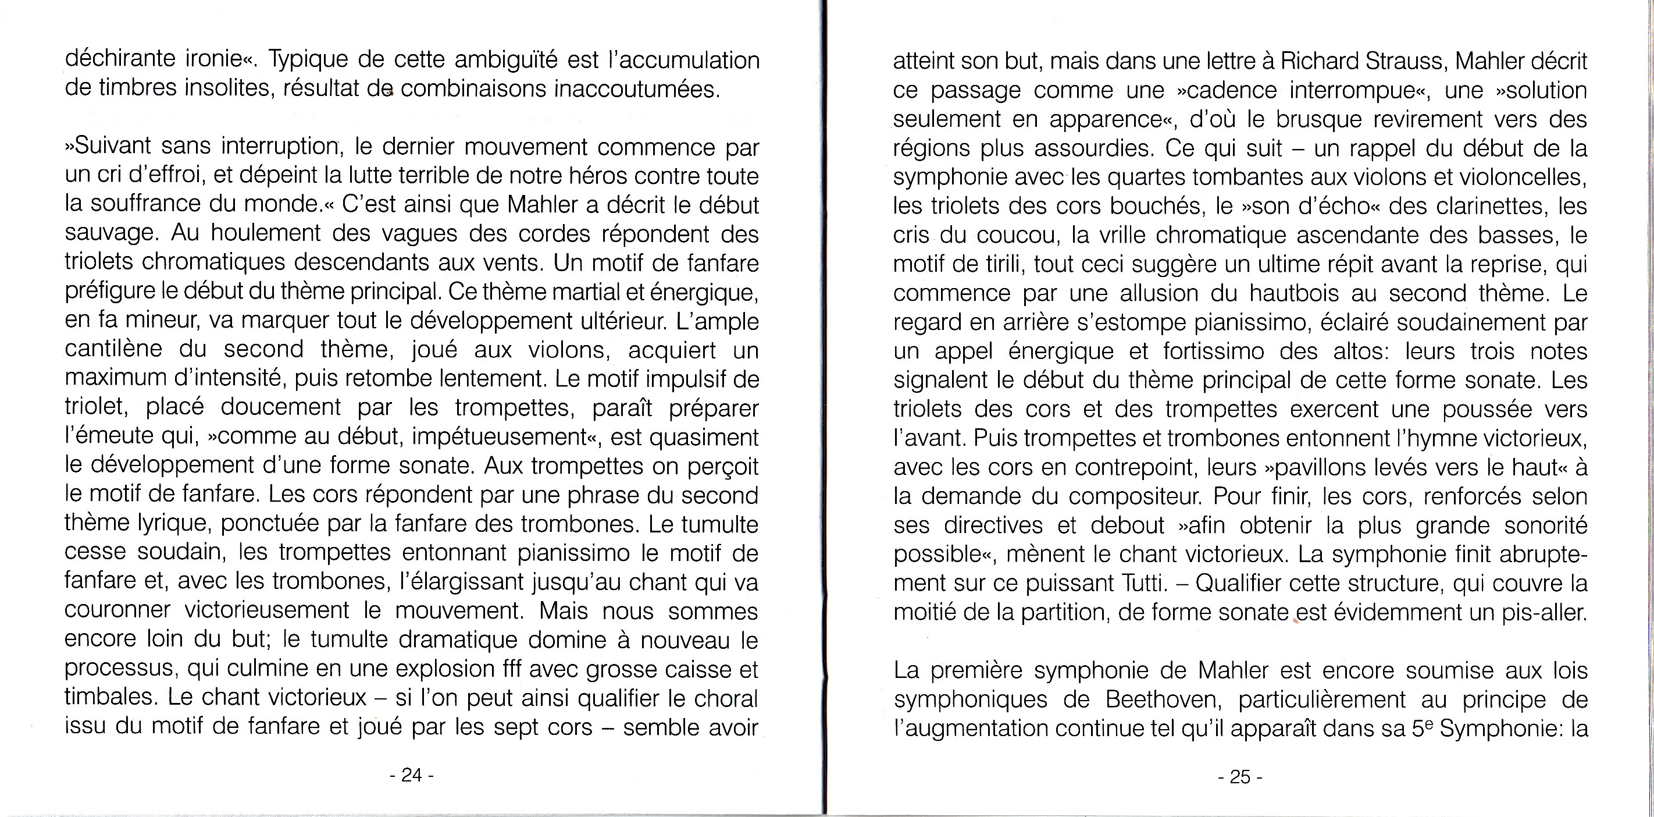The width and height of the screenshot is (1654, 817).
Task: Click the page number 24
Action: click(412, 775)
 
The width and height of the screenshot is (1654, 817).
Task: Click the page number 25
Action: click(1240, 777)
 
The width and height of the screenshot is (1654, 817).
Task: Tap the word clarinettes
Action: click(1467, 206)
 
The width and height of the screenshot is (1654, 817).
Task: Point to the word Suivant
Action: click(112, 147)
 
